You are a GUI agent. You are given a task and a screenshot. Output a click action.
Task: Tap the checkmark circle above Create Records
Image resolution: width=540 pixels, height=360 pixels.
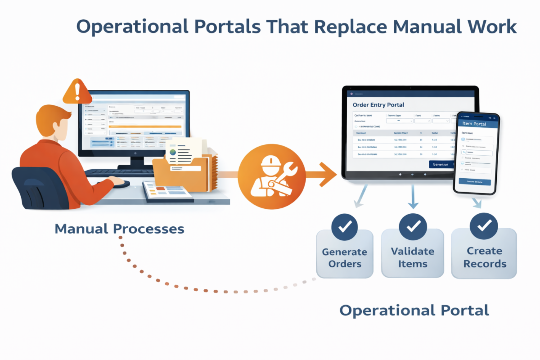[484, 227]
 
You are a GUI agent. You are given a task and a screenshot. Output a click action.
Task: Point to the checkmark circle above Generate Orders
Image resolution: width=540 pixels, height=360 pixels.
[345, 228]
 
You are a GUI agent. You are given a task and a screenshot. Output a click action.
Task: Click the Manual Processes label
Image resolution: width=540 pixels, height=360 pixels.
[119, 229]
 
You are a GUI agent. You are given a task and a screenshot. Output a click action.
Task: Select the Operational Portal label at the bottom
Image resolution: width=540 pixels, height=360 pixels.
[414, 310]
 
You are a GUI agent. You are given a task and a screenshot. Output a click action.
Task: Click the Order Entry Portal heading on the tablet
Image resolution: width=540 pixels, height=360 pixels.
[378, 105]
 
